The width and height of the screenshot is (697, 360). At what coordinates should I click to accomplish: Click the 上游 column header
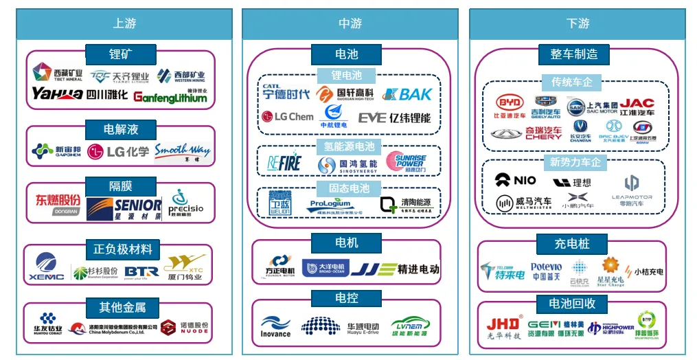click(x=124, y=23)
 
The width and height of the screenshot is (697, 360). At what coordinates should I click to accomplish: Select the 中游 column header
click(x=350, y=23)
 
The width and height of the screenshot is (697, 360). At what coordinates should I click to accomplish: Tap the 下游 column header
click(x=578, y=23)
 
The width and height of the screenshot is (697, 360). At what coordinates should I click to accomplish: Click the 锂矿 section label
click(x=120, y=54)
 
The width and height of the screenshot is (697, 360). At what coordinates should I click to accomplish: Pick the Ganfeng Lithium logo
click(x=170, y=96)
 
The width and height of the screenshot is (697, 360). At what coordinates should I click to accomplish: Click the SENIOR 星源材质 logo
click(x=124, y=207)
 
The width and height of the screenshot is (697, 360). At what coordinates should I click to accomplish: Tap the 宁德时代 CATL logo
click(x=286, y=93)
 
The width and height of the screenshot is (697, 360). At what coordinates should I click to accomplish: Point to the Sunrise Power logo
click(x=410, y=164)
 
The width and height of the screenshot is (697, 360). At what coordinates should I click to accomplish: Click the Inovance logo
click(x=275, y=326)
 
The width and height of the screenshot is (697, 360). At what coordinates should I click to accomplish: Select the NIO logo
click(x=515, y=180)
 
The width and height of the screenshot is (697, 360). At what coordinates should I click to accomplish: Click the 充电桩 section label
click(x=572, y=244)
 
